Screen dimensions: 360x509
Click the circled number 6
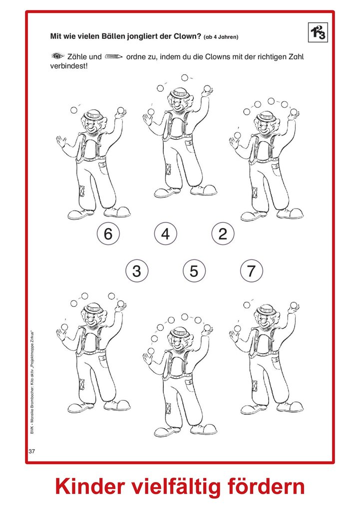tap(108, 234)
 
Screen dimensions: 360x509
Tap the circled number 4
tap(165, 234)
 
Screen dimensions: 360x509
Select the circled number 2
tap(223, 234)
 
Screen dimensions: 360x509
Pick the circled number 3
tap(137, 271)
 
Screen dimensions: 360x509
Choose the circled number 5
tap(194, 271)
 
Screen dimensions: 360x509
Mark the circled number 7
tap(252, 271)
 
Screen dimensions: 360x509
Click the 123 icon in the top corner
tap(318, 32)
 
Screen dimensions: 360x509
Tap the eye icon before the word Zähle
tap(58, 56)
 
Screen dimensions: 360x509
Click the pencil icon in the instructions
tap(113, 57)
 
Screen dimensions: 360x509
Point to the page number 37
tap(32, 451)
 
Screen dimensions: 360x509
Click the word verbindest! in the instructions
tap(69, 66)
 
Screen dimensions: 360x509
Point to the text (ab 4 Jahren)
tap(221, 37)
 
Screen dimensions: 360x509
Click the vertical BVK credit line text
tap(32, 382)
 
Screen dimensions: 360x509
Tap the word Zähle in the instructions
tap(77, 56)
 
